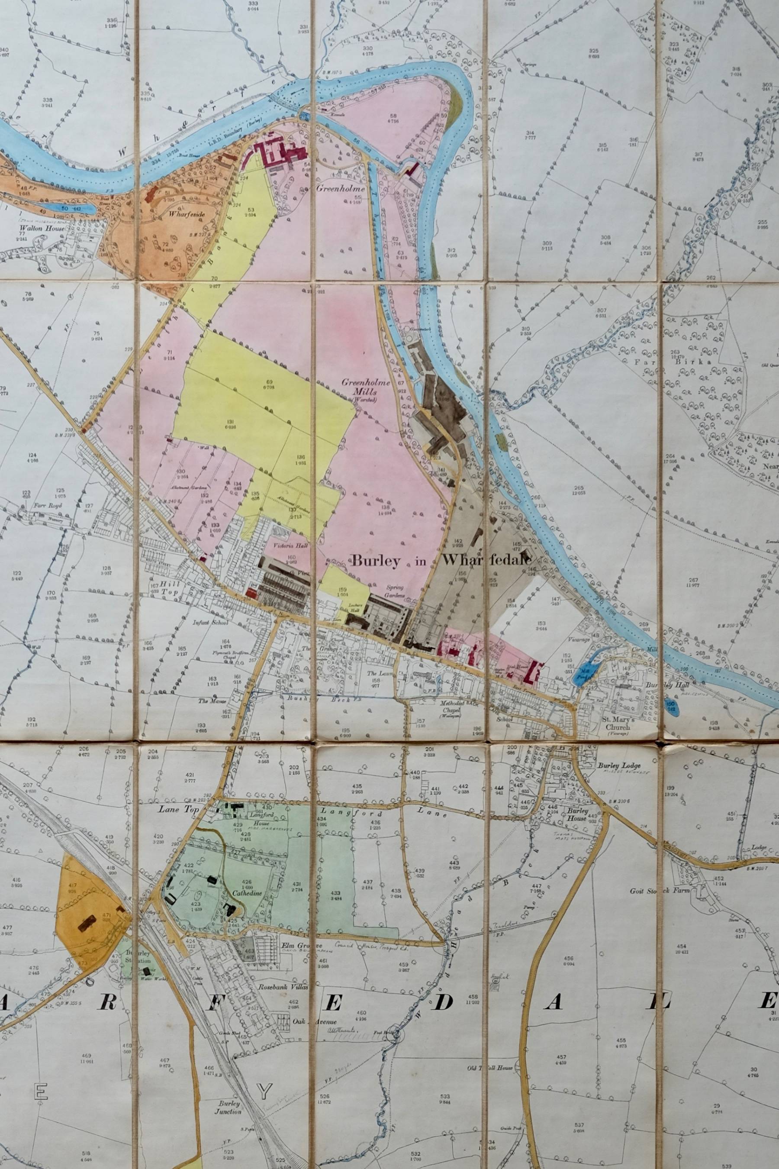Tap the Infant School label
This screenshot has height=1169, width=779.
[x=209, y=622]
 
